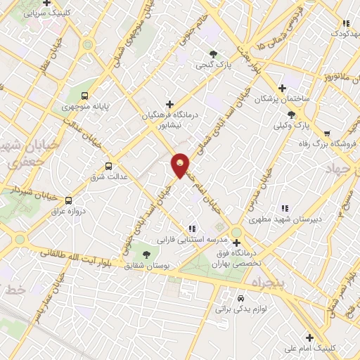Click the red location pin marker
tap(180, 165)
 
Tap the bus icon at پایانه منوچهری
tap(84, 96)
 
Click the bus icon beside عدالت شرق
tap(108, 167)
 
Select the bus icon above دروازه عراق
tap(68, 200)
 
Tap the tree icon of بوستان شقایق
tap(146, 255)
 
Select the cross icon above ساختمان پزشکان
tap(282, 88)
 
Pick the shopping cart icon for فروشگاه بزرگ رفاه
tap(327, 133)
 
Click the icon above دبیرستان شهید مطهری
tap(285, 208)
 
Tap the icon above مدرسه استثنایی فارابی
tap(191, 229)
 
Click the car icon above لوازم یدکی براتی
tap(241, 298)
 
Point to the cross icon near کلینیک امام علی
tap(309, 336)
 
